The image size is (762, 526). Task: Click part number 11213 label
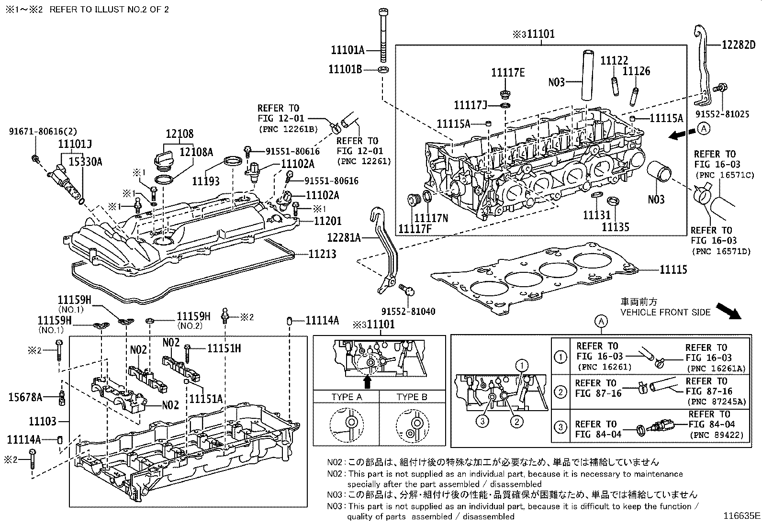322,254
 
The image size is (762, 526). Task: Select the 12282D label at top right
739,45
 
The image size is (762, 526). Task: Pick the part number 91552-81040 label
408,312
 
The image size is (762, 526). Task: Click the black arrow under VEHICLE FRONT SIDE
728,311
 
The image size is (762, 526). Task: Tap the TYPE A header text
346,397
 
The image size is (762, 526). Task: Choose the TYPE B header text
411,397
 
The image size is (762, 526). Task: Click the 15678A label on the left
25,397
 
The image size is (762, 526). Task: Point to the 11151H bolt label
224,348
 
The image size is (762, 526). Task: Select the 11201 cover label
328,221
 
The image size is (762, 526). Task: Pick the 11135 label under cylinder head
615,227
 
